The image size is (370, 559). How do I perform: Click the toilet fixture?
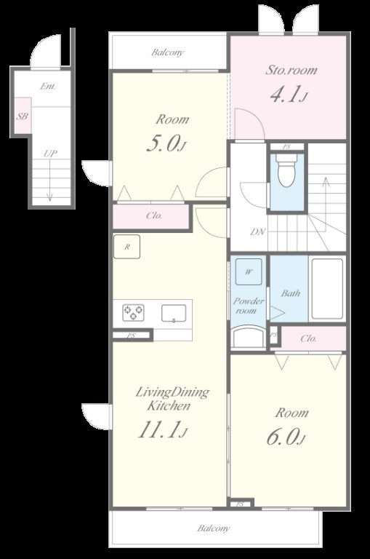286,170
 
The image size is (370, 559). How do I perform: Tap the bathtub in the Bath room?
327,289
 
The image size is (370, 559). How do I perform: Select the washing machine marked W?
249,271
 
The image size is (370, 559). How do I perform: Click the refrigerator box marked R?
126,246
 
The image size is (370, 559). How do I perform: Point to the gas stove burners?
134,313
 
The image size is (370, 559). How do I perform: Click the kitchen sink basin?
174,314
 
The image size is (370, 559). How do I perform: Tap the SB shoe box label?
23,116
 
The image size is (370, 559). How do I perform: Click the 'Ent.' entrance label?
48,86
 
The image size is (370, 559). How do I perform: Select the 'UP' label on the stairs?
50,154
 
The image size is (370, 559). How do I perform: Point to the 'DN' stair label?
258,231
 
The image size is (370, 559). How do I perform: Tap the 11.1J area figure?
162,429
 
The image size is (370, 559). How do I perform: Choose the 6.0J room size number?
286,437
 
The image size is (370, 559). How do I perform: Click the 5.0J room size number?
166,144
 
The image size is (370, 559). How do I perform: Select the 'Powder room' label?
249,306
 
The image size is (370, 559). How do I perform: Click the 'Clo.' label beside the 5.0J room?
154,215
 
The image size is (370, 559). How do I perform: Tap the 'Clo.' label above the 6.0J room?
308,338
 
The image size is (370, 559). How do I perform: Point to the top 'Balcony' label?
168,52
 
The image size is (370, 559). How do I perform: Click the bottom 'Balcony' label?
214,528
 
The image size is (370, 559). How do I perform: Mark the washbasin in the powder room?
248,338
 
